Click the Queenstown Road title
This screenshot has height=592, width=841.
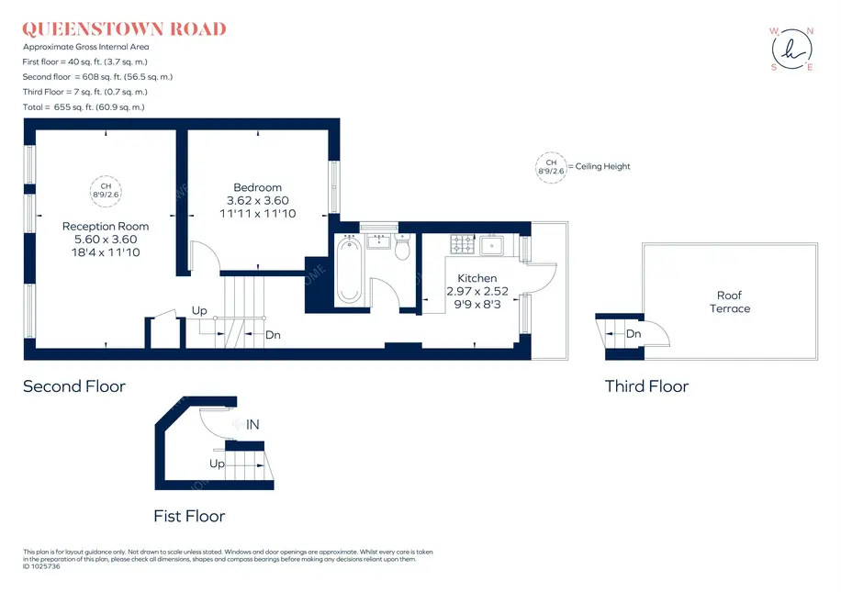coord(124,29)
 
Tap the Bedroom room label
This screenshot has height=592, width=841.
coord(257,187)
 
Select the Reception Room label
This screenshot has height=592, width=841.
coord(106,227)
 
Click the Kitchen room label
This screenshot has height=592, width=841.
coord(477,278)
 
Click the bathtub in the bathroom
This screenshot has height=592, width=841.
coord(349,271)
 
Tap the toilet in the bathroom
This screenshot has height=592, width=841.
coord(402,247)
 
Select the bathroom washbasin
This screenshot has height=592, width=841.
coord(378,240)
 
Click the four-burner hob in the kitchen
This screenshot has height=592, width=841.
coord(463,243)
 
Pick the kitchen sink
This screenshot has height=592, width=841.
coord(491,245)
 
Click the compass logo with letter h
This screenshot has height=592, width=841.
coord(792,50)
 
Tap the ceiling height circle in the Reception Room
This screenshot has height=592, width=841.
coord(106,191)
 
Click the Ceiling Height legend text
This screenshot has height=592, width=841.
coord(602,166)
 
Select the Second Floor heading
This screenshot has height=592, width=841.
coord(74,386)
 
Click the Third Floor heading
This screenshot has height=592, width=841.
coord(646,386)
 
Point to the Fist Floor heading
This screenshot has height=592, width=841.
coord(189,516)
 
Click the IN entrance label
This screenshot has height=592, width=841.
coord(252,425)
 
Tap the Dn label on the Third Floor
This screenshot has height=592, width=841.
coord(634,333)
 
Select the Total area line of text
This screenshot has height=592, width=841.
coord(84,107)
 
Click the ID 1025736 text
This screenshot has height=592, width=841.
coord(41,566)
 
